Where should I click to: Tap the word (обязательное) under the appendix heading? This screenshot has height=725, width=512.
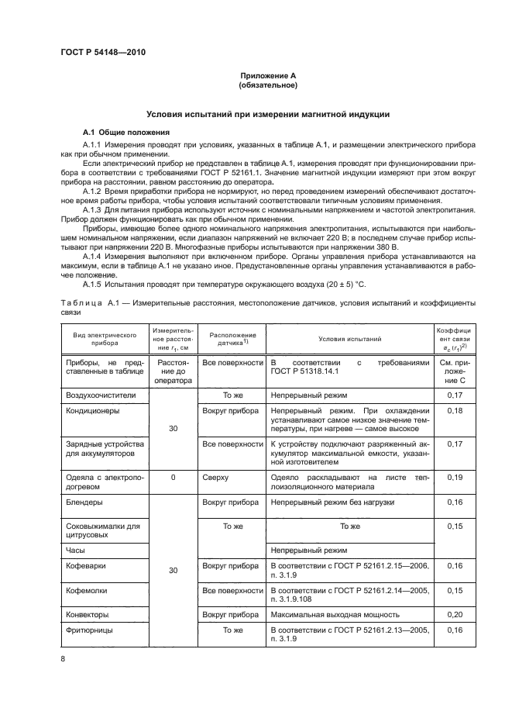pos(267,85)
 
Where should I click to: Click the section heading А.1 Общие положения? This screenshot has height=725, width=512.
pos(121,131)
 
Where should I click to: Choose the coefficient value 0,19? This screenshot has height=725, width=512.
pos(455,478)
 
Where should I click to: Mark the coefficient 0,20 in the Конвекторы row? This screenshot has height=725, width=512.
pos(455,614)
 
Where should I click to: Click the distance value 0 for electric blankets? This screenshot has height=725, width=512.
pos(174,478)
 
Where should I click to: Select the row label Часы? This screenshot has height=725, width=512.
pos(76,549)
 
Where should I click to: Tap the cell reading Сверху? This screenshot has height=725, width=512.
pos(216,478)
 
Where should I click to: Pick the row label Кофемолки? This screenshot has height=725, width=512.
pos(87,590)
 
